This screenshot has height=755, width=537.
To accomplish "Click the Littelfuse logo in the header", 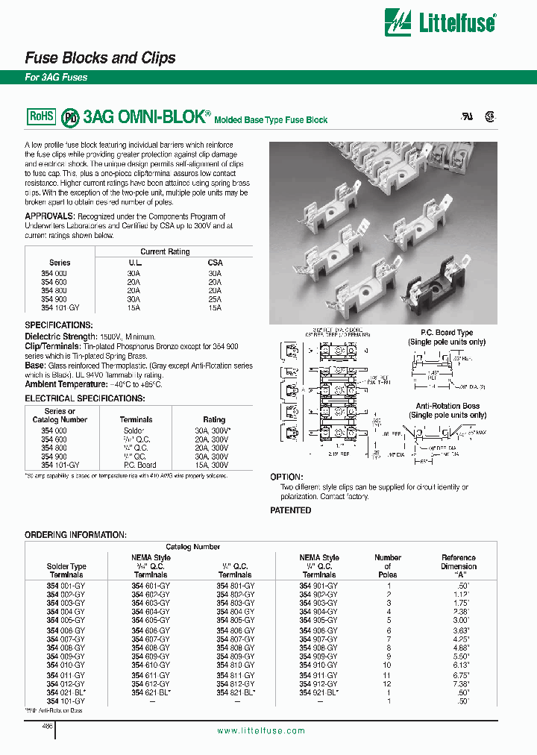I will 439,22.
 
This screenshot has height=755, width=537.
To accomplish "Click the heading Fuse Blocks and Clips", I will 101,58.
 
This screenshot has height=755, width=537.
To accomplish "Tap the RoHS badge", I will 42,116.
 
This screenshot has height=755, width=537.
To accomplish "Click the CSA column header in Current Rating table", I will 215,263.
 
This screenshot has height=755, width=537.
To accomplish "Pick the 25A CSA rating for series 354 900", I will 215,298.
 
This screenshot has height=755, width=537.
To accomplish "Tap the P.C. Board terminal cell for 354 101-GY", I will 139,465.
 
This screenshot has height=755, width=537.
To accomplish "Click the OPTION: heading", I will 286,477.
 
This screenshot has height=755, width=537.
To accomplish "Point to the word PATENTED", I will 290,510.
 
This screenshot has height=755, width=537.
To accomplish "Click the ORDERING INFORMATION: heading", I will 75,535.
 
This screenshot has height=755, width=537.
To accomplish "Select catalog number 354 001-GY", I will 66,586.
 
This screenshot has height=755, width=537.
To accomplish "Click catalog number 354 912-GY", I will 318,683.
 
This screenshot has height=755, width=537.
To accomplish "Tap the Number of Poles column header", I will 388,566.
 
